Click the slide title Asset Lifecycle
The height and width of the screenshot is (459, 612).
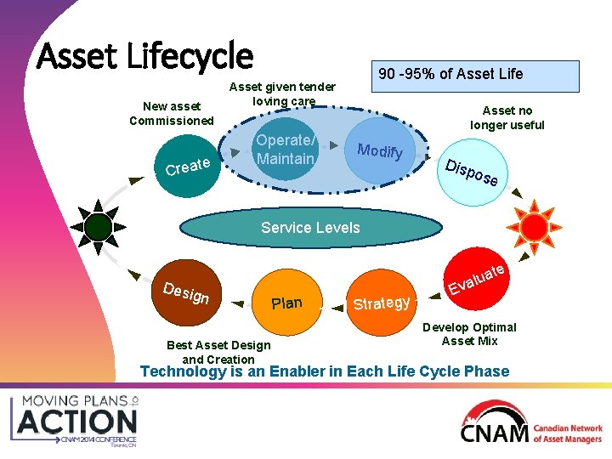(x=145, y=56)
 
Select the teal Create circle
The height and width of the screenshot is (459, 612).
(x=188, y=165)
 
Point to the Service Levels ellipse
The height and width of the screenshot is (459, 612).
(x=310, y=228)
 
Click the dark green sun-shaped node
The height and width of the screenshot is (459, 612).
(x=99, y=226)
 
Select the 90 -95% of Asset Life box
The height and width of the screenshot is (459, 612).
(x=450, y=74)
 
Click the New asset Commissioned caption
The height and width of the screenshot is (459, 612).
(x=172, y=113)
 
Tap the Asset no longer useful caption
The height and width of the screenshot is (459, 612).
(x=507, y=117)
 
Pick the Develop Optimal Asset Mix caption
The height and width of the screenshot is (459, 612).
(x=469, y=334)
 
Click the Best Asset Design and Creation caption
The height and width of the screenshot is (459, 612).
(x=218, y=352)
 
